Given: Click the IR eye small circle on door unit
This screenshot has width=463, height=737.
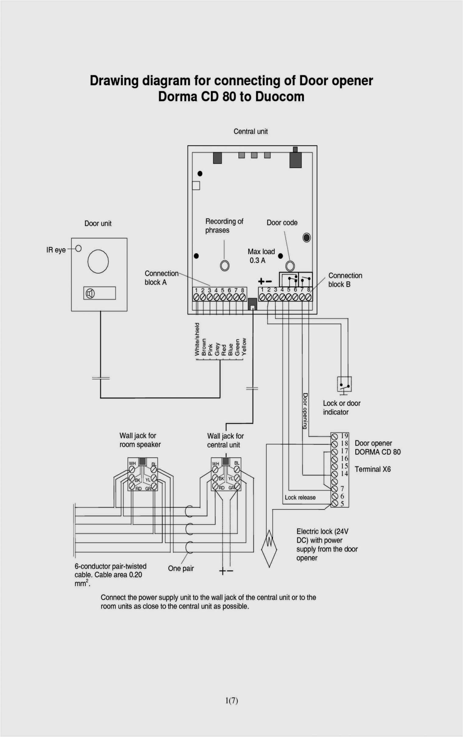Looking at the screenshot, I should click(78, 248).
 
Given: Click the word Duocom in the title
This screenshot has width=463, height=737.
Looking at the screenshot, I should click(280, 97).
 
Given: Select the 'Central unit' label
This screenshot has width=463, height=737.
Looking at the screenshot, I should click(250, 131).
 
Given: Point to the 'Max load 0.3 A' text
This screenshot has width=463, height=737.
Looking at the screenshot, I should click(261, 256).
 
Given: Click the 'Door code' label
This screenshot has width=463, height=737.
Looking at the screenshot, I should click(282, 223).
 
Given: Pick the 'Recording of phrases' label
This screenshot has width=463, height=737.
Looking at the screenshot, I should click(224, 226).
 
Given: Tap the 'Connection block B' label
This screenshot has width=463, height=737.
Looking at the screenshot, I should click(345, 280).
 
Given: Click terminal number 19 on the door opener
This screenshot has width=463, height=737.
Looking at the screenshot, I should click(344, 436).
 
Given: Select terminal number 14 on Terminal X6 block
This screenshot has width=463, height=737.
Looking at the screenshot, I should click(344, 473).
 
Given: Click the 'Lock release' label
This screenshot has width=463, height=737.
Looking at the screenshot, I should click(300, 497).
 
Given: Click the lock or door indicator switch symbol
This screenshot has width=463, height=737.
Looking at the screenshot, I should click(344, 384).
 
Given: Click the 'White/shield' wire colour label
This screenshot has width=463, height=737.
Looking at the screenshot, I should click(197, 339).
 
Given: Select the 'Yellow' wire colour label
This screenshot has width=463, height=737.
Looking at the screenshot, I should click(244, 347).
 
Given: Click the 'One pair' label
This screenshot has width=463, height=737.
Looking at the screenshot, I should click(180, 568).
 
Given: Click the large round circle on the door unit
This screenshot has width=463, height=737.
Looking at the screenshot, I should click(98, 261).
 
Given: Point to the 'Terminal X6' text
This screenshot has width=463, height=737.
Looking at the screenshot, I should click(372, 469).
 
